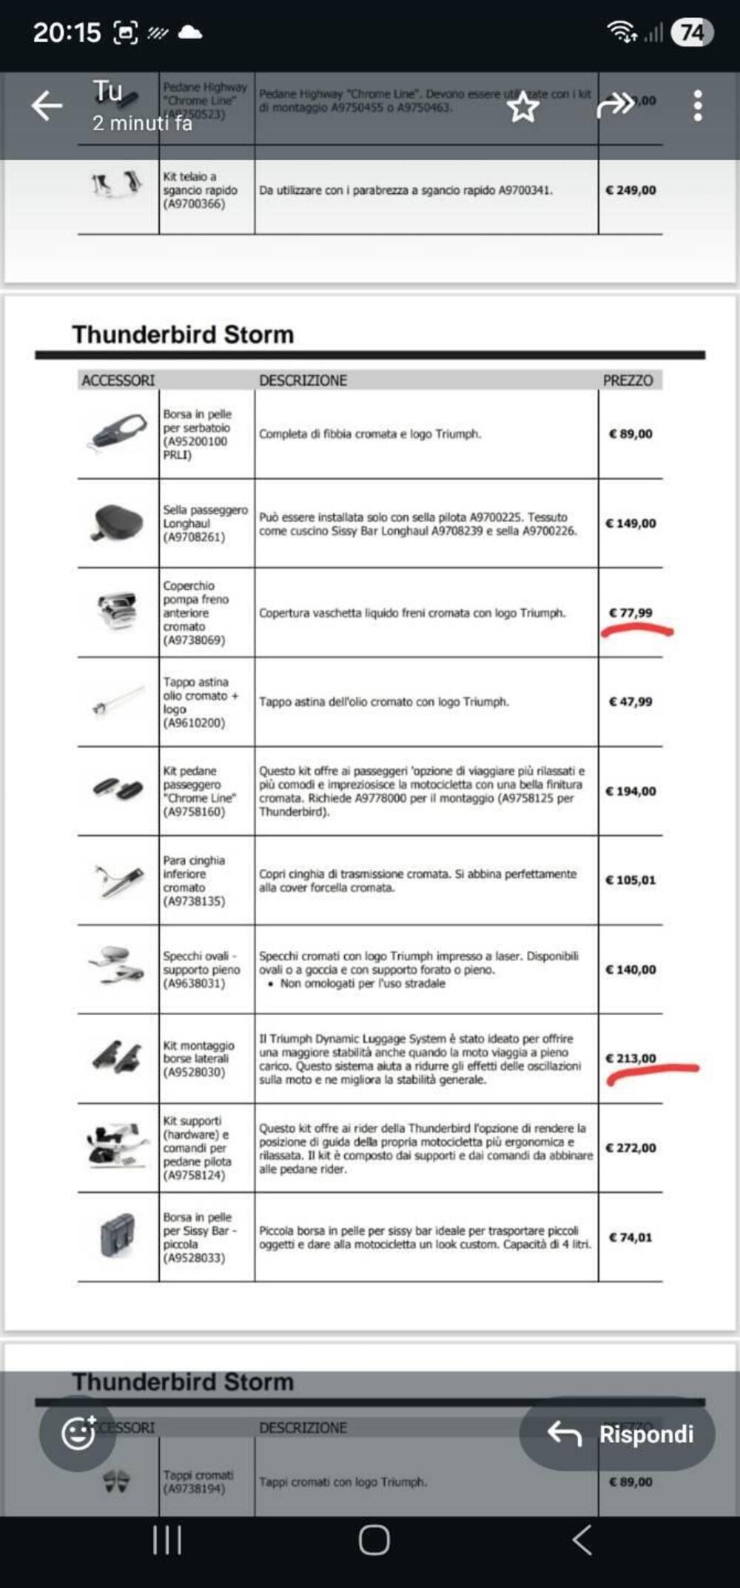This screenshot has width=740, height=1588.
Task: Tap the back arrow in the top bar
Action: tap(47, 106)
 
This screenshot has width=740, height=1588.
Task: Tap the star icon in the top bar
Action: tap(523, 108)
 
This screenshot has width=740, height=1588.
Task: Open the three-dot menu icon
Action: tap(697, 106)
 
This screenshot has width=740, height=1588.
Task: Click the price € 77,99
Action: tap(630, 613)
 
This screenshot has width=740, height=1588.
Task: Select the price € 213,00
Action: tap(630, 1058)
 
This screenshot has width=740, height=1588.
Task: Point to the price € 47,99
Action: tap(630, 702)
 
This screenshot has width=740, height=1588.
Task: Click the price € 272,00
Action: tap(630, 1148)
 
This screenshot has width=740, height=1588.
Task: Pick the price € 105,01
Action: tap(630, 880)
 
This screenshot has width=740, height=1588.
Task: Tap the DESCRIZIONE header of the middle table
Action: tap(303, 380)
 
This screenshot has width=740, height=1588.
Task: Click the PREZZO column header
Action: tap(628, 380)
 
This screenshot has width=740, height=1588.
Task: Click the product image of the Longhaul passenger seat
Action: tap(117, 522)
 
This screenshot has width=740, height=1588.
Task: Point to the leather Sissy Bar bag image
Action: tap(117, 1236)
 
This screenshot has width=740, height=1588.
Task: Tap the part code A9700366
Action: tap(194, 203)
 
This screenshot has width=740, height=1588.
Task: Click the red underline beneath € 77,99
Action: tap(636, 631)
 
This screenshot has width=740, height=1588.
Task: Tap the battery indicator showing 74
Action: tap(692, 33)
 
